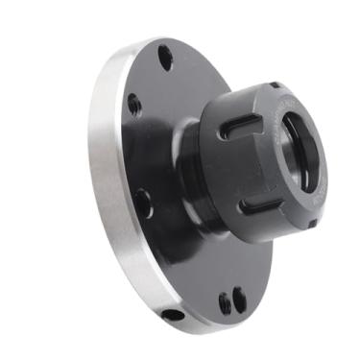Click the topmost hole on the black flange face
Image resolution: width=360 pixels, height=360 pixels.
click(166, 59)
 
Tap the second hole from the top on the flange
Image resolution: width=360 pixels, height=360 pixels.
click(134, 104)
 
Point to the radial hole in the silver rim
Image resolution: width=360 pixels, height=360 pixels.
click(173, 315)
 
